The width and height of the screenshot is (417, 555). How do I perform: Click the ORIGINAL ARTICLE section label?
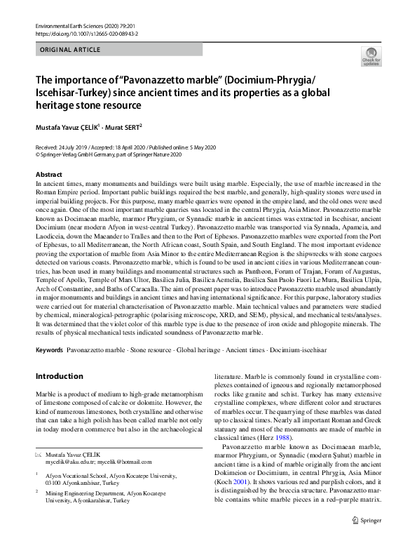tap(71, 50)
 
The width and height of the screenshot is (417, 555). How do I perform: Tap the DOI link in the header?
tap(81, 33)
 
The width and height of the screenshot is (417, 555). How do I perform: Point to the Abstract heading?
tap(48, 174)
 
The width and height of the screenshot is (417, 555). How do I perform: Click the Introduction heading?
tap(60, 376)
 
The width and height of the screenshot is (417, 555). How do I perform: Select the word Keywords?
tap(49, 349)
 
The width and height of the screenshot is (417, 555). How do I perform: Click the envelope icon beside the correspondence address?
tap(39, 455)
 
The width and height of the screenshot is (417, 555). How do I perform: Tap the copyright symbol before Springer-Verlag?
tap(38, 155)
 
